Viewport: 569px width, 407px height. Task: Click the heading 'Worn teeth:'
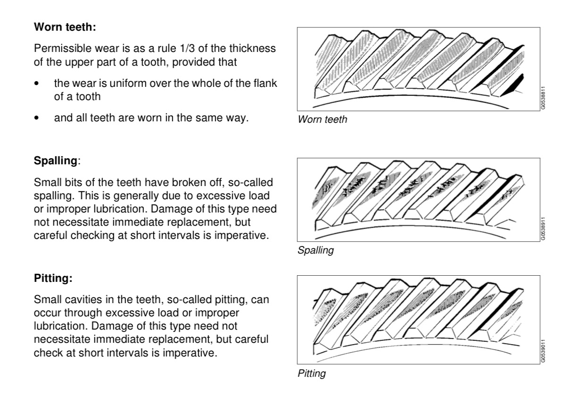[x=65, y=28]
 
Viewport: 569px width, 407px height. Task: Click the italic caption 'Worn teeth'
[x=322, y=120]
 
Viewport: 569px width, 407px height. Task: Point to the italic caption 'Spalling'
[x=315, y=251]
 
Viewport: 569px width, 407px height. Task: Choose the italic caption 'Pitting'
[x=311, y=374]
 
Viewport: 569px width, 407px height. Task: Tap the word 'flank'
[x=267, y=84]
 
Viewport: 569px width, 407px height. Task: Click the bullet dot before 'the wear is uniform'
[x=37, y=84]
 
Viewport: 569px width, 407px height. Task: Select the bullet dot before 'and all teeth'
[x=37, y=119]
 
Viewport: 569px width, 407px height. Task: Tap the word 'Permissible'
[x=57, y=49]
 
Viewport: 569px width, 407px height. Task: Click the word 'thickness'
[x=255, y=49]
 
